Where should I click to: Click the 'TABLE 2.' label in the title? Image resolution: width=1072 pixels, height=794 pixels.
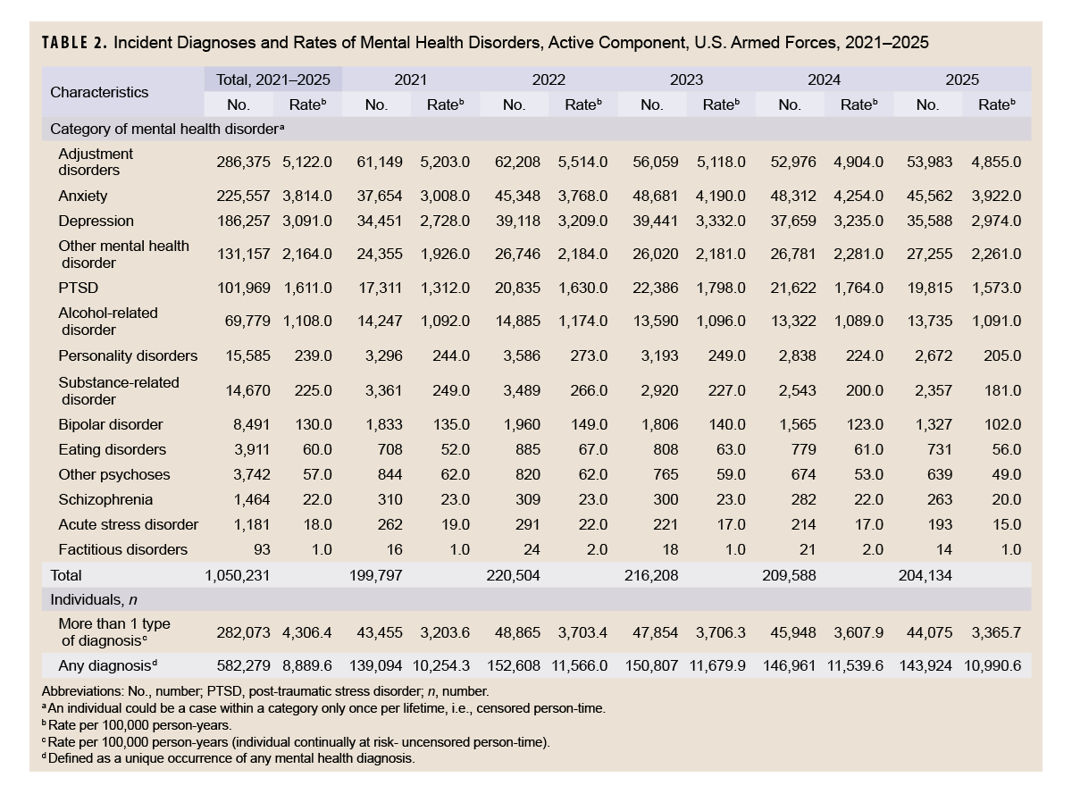[74, 43]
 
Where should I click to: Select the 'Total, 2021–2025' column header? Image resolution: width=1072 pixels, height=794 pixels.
[273, 79]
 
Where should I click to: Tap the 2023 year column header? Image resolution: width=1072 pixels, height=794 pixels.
[686, 79]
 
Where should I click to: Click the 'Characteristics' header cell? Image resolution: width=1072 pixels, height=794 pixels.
[99, 92]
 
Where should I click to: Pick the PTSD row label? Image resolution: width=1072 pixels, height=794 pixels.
[79, 288]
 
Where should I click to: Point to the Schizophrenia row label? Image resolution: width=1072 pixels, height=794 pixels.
[105, 499]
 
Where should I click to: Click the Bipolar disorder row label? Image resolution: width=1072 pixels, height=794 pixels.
[111, 424]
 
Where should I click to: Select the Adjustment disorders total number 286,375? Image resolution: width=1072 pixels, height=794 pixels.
[243, 162]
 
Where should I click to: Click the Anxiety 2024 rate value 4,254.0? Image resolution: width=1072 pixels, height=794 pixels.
[858, 196]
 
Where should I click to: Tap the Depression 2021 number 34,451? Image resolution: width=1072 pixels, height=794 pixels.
[380, 221]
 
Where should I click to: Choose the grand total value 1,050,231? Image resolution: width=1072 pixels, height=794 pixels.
[238, 575]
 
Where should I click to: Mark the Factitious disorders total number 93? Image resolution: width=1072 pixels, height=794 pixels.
[262, 549]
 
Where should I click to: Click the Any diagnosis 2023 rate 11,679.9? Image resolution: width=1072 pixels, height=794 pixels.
[717, 665]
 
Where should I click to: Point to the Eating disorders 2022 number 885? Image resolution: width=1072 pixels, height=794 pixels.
[528, 449]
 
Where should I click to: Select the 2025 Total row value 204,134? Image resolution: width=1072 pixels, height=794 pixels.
[925, 575]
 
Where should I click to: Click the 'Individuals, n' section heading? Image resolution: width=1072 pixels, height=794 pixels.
[94, 599]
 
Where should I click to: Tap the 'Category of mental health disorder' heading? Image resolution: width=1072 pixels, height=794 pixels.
[167, 129]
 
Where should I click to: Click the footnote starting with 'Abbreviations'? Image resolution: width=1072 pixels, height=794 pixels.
[265, 691]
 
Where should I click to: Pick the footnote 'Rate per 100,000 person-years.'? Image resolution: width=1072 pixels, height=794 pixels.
[137, 725]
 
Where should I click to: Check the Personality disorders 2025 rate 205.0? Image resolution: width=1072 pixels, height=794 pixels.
[1002, 355]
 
